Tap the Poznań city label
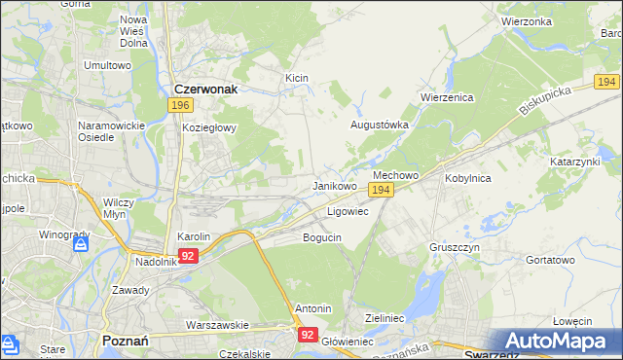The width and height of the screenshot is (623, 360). coord(125,341)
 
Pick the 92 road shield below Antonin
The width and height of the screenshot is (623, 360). coord(308,334)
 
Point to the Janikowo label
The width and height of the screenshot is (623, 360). coord(334,185)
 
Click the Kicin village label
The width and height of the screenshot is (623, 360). coord(296,77)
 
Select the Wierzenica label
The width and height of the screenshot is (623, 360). coord(446,97)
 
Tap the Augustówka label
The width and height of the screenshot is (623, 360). coord(379,126)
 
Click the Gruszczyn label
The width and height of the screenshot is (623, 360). coord(454,247)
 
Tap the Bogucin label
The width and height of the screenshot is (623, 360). coord(322,237)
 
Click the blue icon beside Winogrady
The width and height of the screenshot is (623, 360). coord(79,245)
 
